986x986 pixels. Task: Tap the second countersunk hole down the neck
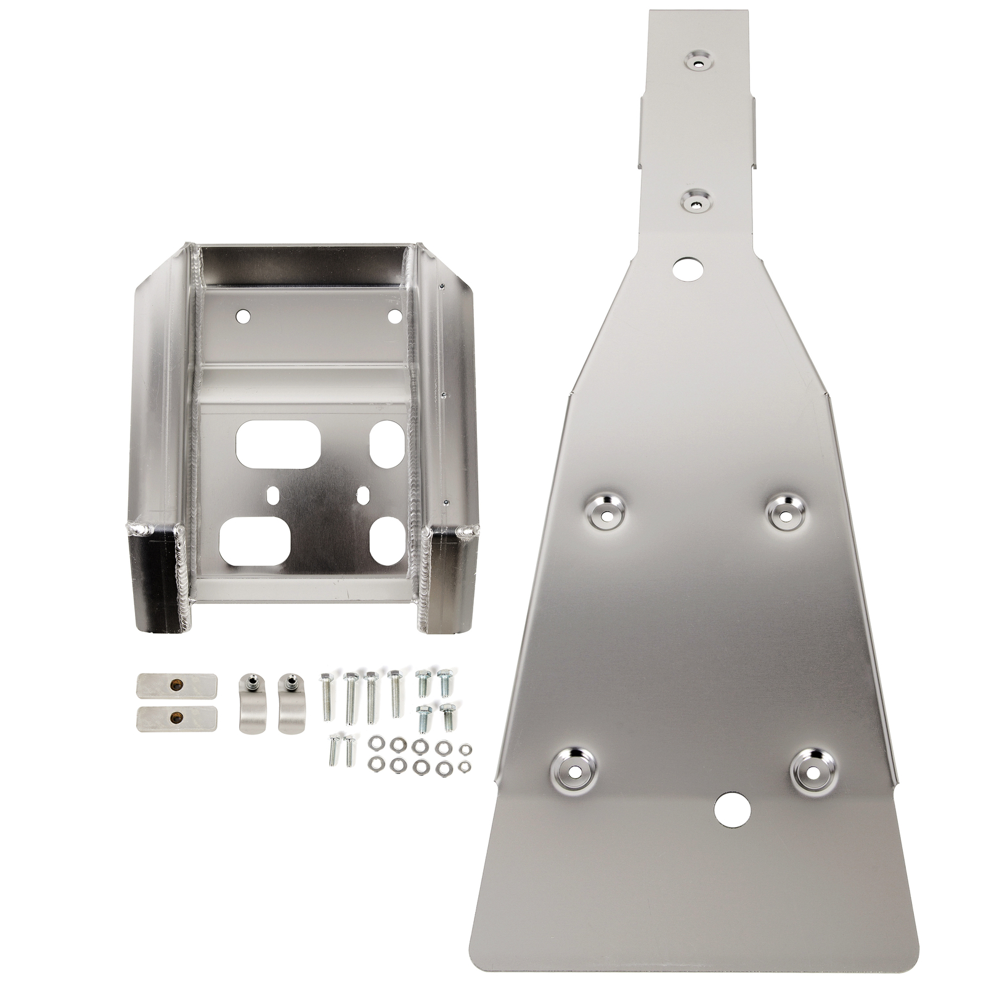point(696,202)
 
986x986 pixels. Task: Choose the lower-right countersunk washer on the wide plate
point(814,770)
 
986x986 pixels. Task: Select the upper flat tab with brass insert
point(176,685)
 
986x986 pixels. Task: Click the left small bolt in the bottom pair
point(333,749)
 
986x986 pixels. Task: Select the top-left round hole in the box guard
point(243,316)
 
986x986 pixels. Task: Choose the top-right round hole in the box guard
point(394,316)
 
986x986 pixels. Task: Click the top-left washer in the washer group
point(373,744)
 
